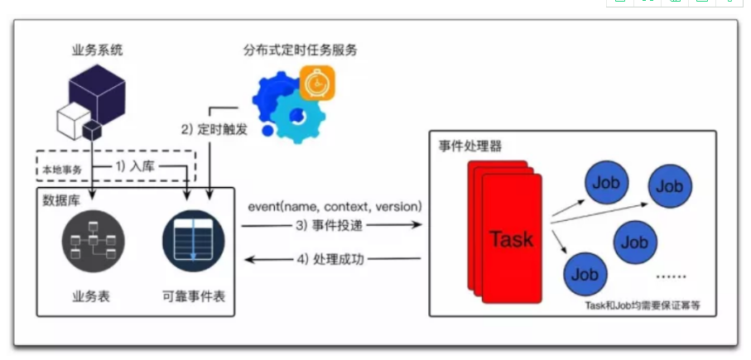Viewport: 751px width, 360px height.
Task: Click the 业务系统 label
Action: tap(97, 50)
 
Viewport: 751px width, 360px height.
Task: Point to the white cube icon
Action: tap(71, 123)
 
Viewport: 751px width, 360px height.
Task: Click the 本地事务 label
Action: tap(60, 171)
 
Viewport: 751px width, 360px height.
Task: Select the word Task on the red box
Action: tap(511, 239)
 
